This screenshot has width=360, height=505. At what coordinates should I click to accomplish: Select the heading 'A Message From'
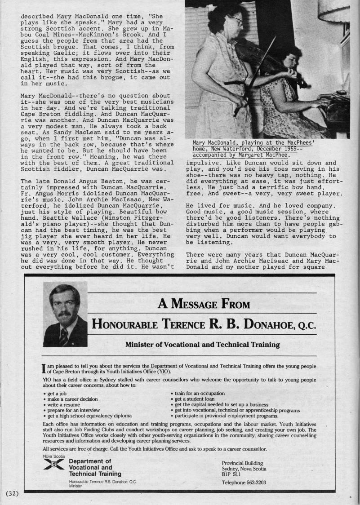click(203, 304)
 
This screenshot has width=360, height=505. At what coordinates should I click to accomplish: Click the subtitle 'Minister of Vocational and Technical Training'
click(202, 345)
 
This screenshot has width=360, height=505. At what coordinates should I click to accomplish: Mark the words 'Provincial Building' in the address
click(242, 463)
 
